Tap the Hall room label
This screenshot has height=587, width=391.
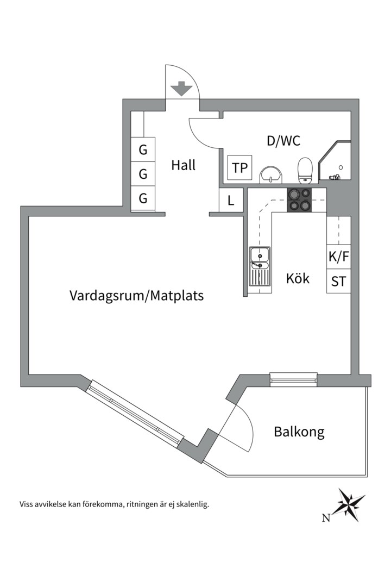point(184,165)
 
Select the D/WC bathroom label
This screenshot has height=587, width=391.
point(283,141)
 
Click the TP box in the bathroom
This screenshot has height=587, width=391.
point(239,168)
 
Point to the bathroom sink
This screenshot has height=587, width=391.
point(270,174)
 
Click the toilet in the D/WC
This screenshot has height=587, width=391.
point(305,170)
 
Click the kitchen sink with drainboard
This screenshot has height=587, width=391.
point(260,266)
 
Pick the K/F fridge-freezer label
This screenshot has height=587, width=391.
point(338,255)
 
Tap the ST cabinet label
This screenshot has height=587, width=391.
point(338,282)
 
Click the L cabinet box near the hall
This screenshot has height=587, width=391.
point(231,201)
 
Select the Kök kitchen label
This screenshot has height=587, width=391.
point(298,278)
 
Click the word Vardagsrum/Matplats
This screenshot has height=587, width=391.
point(137,296)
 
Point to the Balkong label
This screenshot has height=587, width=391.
point(299,432)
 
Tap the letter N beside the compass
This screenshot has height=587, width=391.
point(326,518)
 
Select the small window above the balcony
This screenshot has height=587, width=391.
point(293,379)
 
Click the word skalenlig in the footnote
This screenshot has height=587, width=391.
point(191,504)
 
